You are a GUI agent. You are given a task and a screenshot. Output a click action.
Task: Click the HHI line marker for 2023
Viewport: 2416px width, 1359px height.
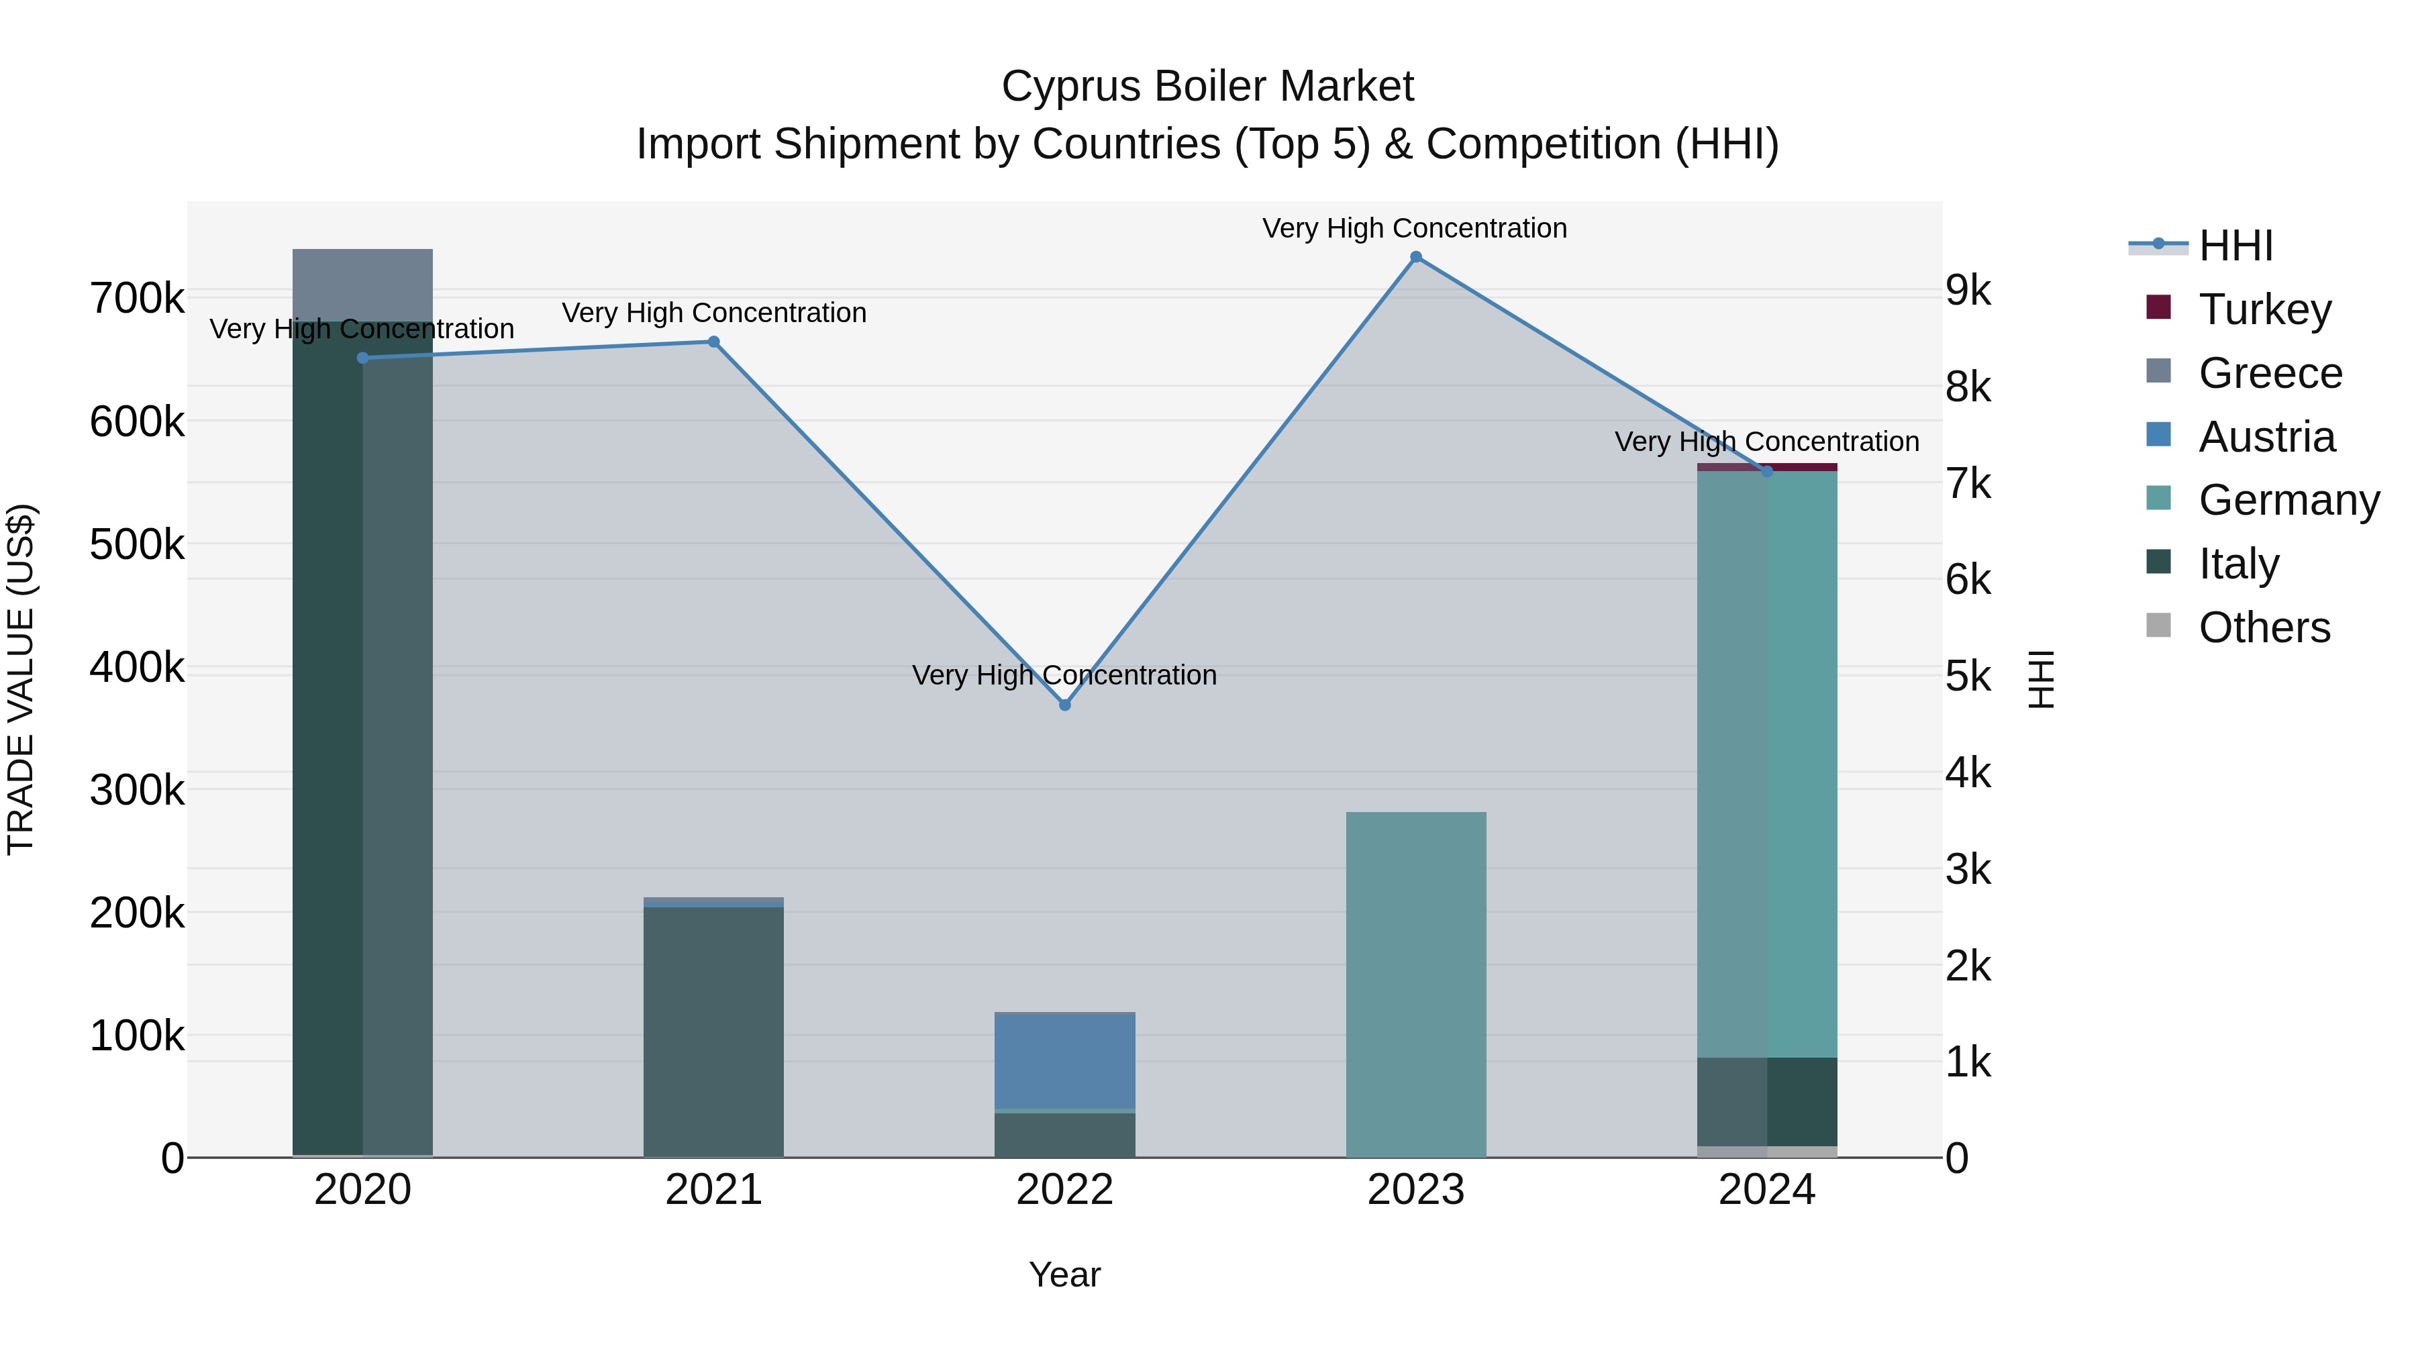(x=1416, y=257)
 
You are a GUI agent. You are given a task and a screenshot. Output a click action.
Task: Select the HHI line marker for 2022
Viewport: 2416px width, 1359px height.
(x=1064, y=705)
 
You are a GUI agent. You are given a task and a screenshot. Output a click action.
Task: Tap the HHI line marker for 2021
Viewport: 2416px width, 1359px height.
(x=714, y=342)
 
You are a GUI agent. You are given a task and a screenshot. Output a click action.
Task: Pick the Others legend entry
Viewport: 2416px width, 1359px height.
(x=2237, y=627)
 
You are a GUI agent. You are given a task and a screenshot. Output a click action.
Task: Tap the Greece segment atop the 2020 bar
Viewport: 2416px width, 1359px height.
(x=363, y=285)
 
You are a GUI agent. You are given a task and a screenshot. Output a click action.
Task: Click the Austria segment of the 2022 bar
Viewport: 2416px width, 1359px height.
(x=1064, y=1062)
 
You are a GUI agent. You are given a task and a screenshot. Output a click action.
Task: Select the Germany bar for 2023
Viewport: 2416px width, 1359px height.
(x=1416, y=985)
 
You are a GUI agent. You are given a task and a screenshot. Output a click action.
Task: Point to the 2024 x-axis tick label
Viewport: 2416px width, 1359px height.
(x=1767, y=1190)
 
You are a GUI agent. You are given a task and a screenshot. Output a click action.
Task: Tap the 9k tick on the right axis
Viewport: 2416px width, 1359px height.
(x=1968, y=291)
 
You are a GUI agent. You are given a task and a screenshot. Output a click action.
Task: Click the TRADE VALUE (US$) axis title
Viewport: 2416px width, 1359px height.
(x=21, y=679)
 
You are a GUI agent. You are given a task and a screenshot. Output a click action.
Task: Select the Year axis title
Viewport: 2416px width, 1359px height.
(x=1064, y=1274)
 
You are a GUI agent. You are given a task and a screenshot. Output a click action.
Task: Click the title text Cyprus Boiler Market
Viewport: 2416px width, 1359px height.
(x=1208, y=87)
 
